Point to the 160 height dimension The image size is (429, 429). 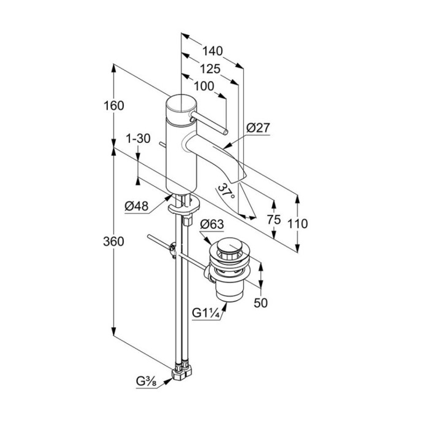pos(114,105)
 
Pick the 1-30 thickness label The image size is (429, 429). pos(139,139)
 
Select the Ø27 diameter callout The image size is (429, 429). pos(258,129)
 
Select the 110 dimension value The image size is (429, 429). pos(298,224)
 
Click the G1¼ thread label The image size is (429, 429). pos(204,313)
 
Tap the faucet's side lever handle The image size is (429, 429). pos(211,123)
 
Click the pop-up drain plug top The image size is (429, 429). pos(229,248)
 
